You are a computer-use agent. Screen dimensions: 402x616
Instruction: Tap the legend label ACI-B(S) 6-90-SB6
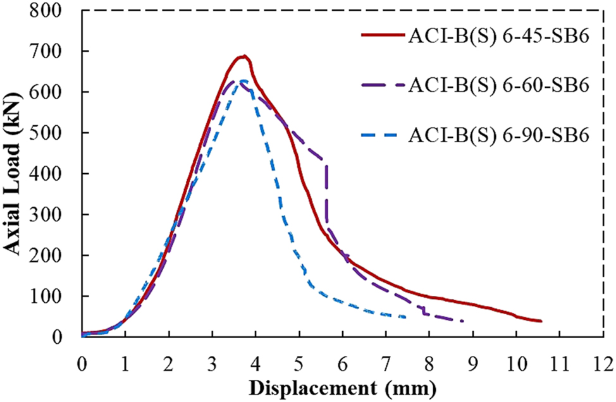click(x=499, y=135)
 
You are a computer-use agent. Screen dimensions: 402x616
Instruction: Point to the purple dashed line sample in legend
click(x=381, y=85)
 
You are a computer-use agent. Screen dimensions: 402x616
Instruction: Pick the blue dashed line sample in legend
click(x=381, y=135)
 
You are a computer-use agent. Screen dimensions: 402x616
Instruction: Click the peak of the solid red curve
click(x=243, y=56)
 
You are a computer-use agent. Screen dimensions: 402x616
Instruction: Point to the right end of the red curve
click(x=541, y=321)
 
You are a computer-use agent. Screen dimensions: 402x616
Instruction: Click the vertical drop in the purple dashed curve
click(x=326, y=190)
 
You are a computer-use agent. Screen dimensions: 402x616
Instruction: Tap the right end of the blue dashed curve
click(x=405, y=317)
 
